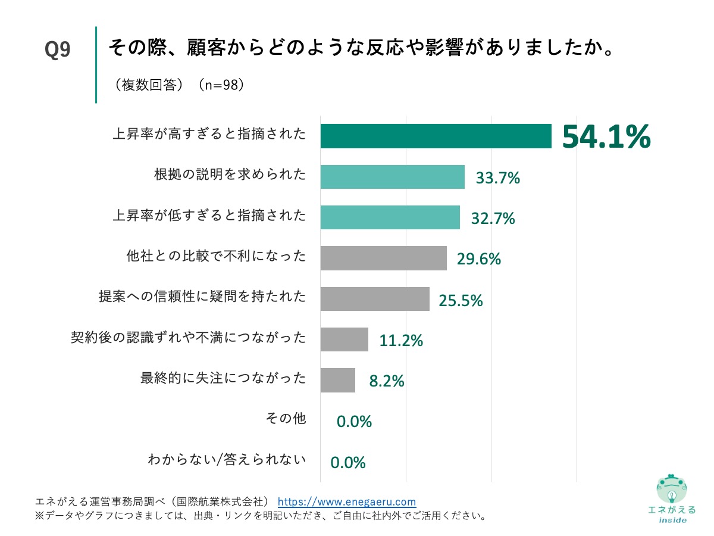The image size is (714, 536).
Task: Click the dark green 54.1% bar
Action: (436, 136)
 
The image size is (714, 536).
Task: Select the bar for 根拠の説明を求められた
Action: (392, 177)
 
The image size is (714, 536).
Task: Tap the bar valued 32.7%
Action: (390, 217)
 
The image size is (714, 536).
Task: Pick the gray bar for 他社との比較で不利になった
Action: (383, 258)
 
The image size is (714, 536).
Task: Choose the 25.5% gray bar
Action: (375, 299)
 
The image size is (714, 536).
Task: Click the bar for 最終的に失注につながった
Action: (337, 380)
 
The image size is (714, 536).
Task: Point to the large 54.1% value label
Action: (606, 137)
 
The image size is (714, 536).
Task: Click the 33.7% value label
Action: (497, 178)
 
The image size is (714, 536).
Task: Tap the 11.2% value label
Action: (400, 341)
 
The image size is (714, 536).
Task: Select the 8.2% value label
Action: (387, 381)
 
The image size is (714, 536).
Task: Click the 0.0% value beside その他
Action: (354, 422)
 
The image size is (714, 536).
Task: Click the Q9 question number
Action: (58, 51)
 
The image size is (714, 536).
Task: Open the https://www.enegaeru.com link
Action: (347, 501)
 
